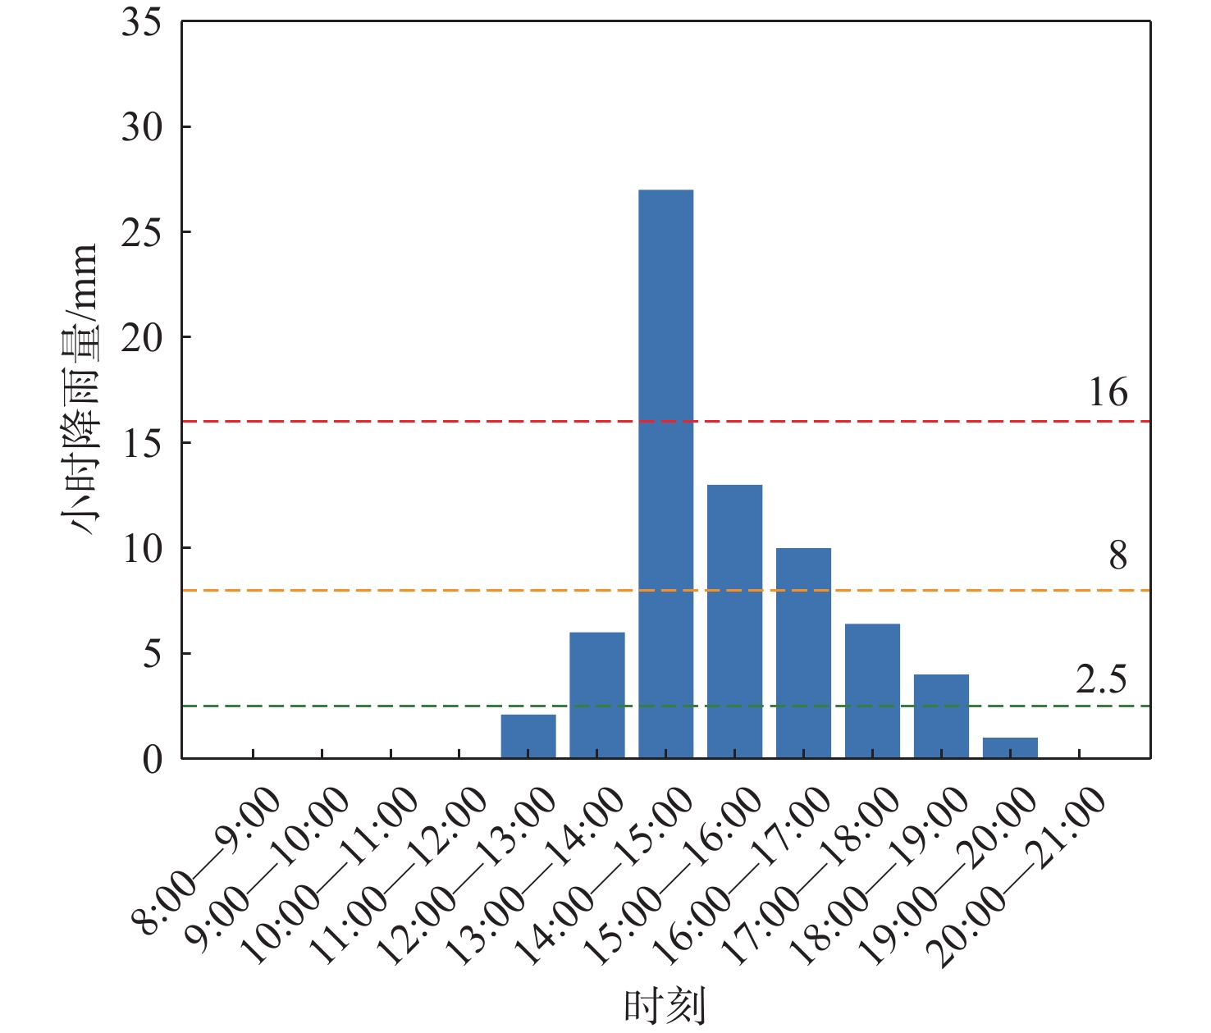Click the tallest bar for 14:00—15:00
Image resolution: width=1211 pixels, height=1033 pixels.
665,473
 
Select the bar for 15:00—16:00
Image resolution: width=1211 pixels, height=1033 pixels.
734,621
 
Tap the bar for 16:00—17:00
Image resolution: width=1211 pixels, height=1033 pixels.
803,653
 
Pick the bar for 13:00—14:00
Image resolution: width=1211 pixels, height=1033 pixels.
596,695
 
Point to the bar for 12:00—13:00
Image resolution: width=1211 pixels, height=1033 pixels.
528,736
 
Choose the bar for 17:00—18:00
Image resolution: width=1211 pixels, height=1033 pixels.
872,691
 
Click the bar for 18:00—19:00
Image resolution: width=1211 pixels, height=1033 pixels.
941,716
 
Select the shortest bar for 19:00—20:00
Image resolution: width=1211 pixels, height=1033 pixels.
1010,747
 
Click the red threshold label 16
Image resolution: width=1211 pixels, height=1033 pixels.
1108,393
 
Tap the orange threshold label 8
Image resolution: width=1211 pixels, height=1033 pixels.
1117,556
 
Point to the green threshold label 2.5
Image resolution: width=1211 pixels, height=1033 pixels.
1101,680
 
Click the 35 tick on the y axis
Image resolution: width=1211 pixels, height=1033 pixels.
142,22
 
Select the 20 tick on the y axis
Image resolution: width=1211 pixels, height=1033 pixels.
142,338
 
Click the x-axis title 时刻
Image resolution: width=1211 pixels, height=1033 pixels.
665,1006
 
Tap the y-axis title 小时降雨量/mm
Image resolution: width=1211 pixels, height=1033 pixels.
80,390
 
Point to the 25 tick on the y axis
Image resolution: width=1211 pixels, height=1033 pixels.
142,233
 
